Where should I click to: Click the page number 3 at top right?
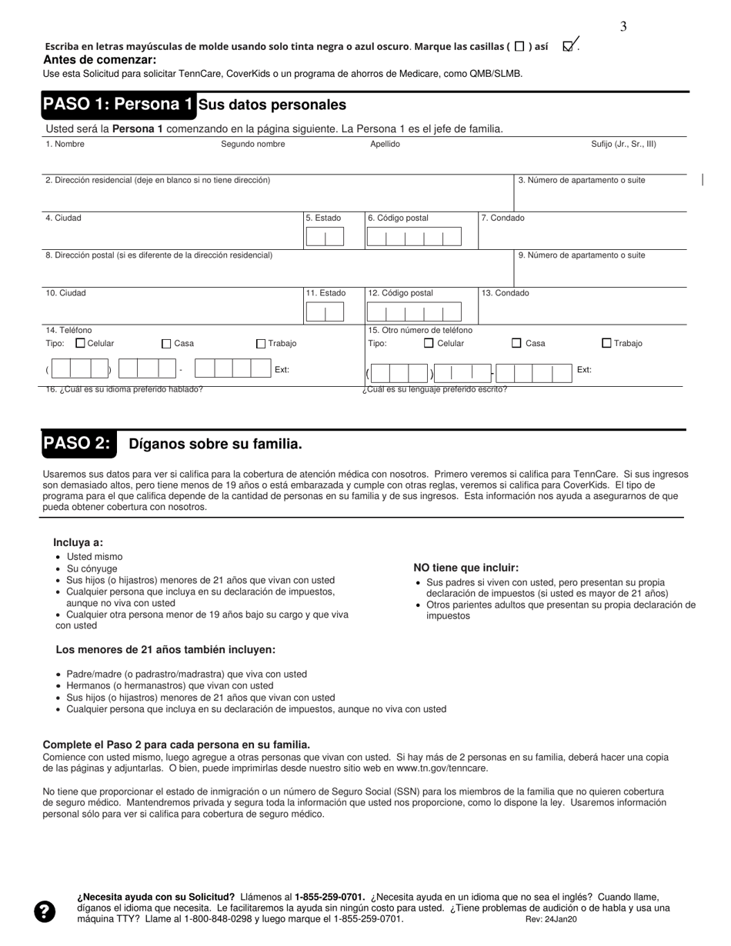tap(623, 27)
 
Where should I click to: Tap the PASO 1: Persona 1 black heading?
tap(118, 105)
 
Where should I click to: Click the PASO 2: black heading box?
tap(78, 444)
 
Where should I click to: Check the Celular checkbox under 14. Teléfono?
tap(80, 344)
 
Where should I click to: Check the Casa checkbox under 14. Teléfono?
tap(167, 344)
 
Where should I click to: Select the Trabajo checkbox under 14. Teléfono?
tap(261, 344)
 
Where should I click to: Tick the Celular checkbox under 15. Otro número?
tap(429, 344)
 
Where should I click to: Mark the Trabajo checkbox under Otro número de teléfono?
tap(606, 344)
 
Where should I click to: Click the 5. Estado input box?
tap(325, 237)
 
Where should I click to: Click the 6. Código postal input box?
tap(414, 237)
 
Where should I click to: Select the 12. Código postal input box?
tap(414, 312)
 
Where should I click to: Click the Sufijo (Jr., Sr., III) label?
tap(623, 145)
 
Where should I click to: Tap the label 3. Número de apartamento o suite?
tap(581, 181)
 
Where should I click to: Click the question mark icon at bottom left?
tap(45, 911)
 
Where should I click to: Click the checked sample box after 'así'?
tap(569, 46)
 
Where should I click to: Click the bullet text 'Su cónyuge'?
tap(92, 569)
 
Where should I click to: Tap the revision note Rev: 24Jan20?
tap(551, 919)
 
